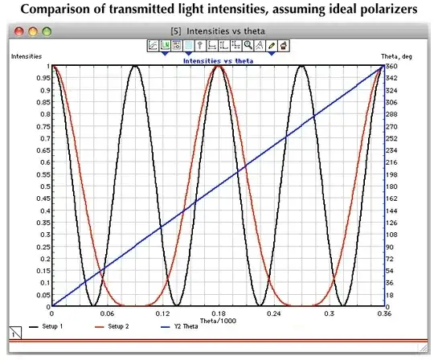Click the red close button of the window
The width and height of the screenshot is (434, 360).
[x=20, y=31]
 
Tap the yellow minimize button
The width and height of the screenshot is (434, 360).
[x=34, y=31]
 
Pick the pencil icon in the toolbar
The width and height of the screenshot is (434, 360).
[x=272, y=46]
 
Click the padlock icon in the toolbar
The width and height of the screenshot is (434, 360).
[x=285, y=46]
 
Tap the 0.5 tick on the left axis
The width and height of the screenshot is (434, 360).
[x=40, y=186]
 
